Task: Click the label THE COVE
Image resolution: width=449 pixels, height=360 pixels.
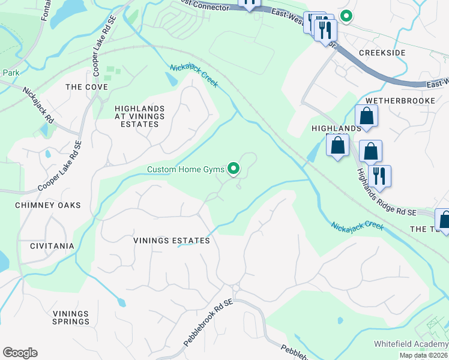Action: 86,87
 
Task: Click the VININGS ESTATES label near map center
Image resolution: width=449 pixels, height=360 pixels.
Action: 172,241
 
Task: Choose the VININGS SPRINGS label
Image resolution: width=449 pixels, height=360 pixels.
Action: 70,317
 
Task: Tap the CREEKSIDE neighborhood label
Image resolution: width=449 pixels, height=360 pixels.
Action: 382,53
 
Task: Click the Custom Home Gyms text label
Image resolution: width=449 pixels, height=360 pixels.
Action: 186,170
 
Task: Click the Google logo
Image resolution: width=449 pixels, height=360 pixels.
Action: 20,352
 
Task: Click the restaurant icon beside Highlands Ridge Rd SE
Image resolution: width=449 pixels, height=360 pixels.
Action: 379,175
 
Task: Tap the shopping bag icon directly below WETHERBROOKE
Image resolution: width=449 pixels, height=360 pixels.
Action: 366,115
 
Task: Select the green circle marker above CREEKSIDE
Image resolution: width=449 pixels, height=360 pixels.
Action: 345,16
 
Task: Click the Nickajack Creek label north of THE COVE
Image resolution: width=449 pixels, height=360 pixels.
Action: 193,76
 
